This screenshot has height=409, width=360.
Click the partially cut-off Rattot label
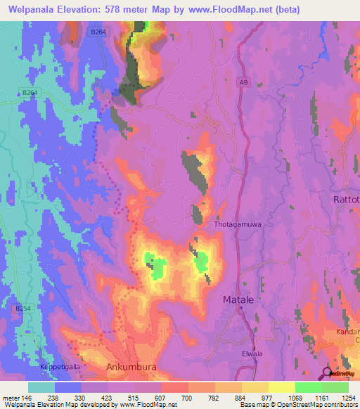(x=345, y=200)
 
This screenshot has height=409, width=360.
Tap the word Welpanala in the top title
(x=29, y=10)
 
